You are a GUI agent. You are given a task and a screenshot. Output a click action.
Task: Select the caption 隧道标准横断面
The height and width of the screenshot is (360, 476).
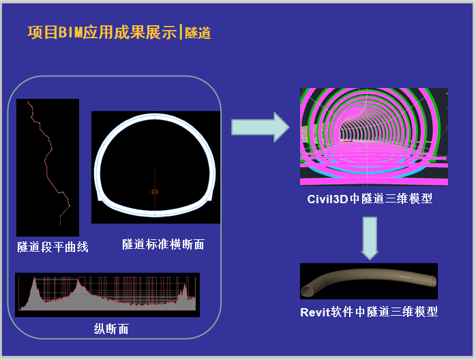click(x=163, y=244)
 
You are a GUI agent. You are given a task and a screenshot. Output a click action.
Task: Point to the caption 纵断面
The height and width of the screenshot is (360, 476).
click(x=111, y=329)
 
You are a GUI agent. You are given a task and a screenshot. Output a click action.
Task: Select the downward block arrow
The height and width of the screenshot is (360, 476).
click(x=370, y=238)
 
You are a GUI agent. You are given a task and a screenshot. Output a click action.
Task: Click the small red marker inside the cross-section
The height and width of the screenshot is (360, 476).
click(x=155, y=192)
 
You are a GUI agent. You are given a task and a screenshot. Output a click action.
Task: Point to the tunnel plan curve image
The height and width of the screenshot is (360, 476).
click(x=48, y=168)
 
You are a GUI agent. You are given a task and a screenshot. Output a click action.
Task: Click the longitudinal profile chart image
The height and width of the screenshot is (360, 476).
click(x=107, y=295)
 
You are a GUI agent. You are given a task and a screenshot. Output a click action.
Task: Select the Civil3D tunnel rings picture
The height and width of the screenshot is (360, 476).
click(x=374, y=137)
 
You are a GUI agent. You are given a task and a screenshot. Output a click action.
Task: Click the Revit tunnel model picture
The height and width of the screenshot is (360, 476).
click(x=368, y=282)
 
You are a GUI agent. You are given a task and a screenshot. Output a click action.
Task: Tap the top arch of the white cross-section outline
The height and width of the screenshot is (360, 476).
click(x=155, y=121)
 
